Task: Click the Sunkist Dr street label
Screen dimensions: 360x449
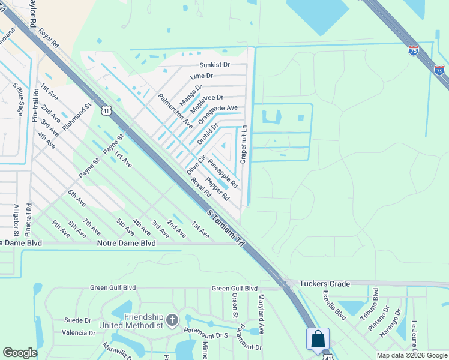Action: click(215, 65)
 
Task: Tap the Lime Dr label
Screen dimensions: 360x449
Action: click(201, 76)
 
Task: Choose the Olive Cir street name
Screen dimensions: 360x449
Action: click(196, 164)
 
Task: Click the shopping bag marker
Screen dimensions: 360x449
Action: click(318, 340)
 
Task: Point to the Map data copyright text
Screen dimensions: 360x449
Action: click(412, 355)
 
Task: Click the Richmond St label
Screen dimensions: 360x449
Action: click(76, 115)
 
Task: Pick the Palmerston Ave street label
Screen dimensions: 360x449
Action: click(175, 110)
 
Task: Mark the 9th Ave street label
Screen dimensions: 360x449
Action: click(61, 232)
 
